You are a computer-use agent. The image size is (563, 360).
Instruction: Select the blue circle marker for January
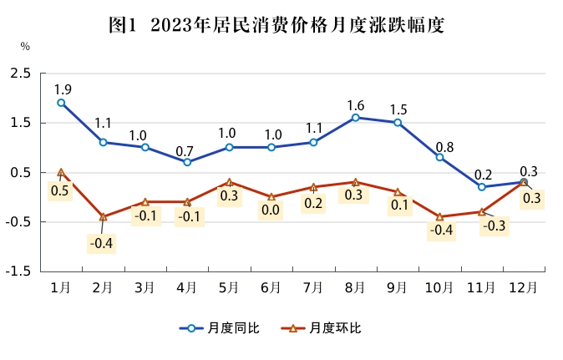pos(61,103)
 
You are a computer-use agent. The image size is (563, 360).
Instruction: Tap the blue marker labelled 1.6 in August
pos(356,118)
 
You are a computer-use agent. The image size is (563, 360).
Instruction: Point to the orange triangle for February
pos(103,217)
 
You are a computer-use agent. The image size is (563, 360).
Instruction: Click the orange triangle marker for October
pos(439,217)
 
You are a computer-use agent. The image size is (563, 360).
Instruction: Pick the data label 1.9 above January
pos(63,89)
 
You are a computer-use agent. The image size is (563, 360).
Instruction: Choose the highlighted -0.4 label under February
pos(102,244)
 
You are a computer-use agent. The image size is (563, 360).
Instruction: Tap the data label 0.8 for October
pos(444,148)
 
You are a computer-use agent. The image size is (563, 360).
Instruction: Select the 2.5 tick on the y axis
pos(21,74)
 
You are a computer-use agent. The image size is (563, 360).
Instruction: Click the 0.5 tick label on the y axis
pos(21,173)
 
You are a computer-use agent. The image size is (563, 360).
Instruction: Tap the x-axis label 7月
pos(313,287)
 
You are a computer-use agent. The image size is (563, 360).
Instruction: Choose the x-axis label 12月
pos(524,287)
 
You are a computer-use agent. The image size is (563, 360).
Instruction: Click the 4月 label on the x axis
pos(186,287)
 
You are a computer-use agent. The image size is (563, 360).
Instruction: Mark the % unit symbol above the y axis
pos(25,46)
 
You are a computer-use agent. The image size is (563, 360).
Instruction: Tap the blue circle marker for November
pos(482,187)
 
